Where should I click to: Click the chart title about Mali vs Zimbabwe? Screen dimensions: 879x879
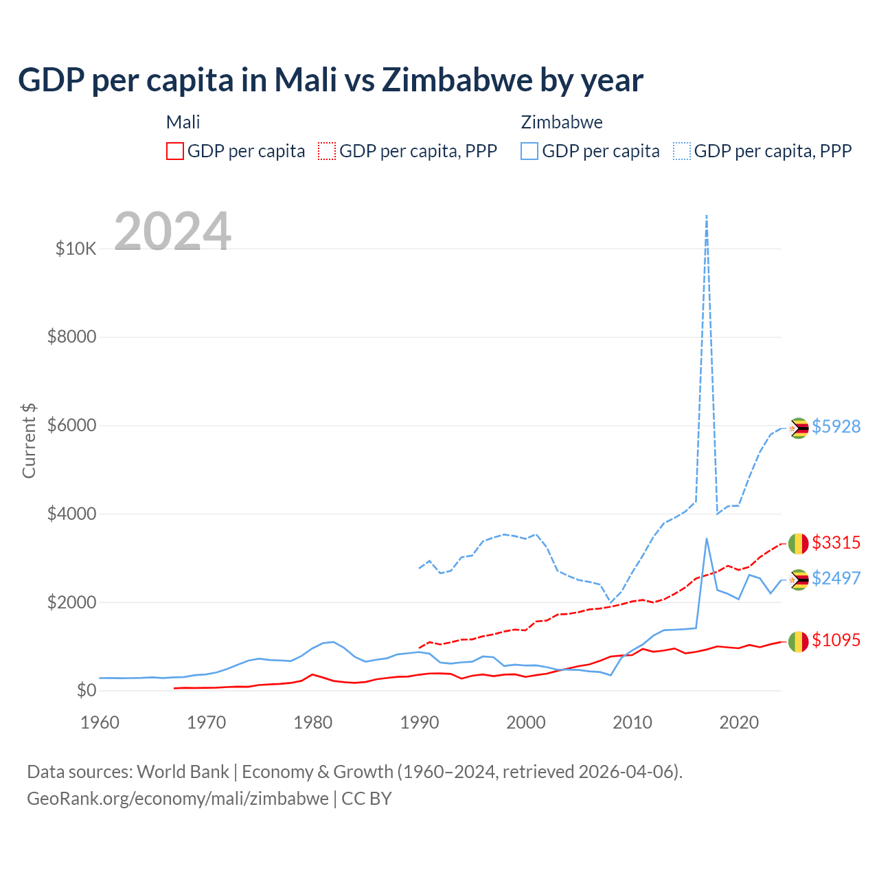330,80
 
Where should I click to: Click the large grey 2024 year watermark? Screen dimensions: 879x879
172,232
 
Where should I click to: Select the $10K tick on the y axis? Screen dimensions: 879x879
76,249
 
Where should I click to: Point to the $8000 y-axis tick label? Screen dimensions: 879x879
72,337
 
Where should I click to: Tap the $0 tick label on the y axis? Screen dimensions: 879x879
86,691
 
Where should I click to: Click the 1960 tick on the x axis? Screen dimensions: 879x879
100,722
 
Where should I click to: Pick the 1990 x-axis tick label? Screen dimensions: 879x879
420,722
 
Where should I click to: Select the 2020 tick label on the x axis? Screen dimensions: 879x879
739,722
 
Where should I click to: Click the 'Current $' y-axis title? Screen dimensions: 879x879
29,441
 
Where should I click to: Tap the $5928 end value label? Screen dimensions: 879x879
836,426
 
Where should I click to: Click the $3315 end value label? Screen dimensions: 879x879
836,543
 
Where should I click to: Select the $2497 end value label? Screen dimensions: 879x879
836,578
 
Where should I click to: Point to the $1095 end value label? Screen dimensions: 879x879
836,640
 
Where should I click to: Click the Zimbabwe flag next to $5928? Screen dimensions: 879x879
798,428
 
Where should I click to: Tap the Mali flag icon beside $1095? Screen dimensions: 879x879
798,641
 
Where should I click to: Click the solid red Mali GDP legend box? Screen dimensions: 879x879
175,151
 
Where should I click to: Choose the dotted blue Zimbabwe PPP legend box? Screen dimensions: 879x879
682,151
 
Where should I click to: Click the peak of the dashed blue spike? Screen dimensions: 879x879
707,216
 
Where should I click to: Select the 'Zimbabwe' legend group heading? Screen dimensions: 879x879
562,122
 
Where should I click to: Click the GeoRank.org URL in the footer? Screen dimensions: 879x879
178,799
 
